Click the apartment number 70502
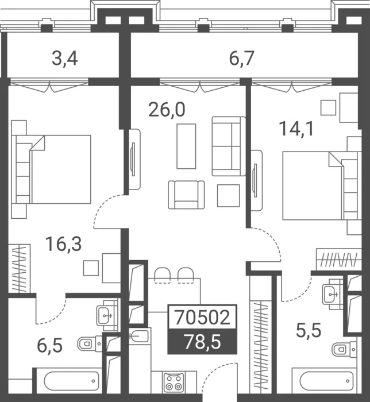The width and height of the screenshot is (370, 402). click(202, 318)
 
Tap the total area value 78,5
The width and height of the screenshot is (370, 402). click(202, 342)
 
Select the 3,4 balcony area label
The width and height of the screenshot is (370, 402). click(64, 59)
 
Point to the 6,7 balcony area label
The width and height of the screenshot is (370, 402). click(241, 59)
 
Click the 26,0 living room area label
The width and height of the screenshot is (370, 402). click(167, 110)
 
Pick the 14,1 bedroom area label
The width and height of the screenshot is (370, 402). click(296, 129)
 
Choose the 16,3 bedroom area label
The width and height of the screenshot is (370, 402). click(63, 244)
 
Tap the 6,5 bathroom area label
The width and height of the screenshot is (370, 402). click(50, 345)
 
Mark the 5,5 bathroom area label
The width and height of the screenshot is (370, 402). click(309, 330)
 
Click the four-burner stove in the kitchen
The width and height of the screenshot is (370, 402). click(174, 382)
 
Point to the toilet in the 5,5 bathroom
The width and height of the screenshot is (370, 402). click(344, 349)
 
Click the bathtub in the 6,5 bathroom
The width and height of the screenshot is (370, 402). click(69, 381)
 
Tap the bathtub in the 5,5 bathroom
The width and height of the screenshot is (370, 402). click(324, 381)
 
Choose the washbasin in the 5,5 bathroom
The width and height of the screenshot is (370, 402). click(332, 294)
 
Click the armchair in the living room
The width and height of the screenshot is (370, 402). click(186, 195)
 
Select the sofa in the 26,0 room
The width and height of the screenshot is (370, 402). click(229, 146)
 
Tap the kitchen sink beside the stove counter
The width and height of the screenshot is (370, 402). click(138, 336)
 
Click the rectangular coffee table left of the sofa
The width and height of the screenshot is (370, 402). click(186, 146)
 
